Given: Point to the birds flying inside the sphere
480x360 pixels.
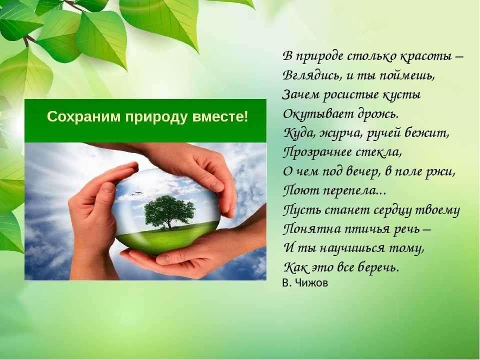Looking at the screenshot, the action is [x=137, y=193].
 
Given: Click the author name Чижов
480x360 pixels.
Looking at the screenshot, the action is [x=311, y=283].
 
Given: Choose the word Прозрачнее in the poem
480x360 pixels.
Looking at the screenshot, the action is [x=317, y=152].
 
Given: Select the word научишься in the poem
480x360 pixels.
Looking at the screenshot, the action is [x=352, y=248].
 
